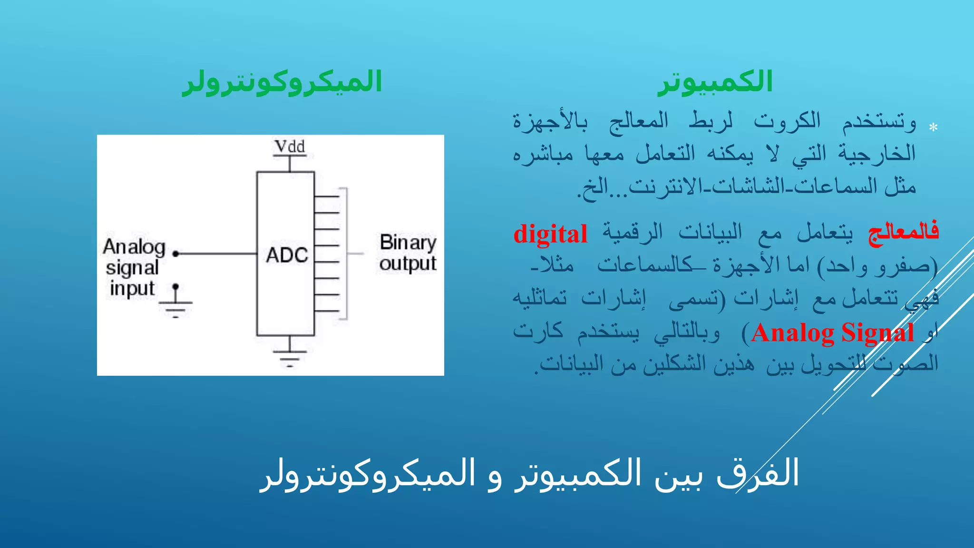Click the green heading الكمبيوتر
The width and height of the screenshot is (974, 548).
714,82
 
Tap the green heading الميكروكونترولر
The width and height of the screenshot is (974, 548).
282,82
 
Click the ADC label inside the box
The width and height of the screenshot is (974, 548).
287,255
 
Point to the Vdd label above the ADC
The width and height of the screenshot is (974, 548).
290,147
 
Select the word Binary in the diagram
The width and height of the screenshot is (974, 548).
408,243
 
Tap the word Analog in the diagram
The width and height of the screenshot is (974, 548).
134,247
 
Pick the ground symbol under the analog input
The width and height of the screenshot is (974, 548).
175,308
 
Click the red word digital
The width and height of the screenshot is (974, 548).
550,234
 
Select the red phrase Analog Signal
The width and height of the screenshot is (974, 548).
832,333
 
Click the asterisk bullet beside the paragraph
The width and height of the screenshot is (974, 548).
933,127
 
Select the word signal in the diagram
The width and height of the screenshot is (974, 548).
132,268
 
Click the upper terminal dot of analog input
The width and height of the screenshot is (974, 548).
175,254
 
